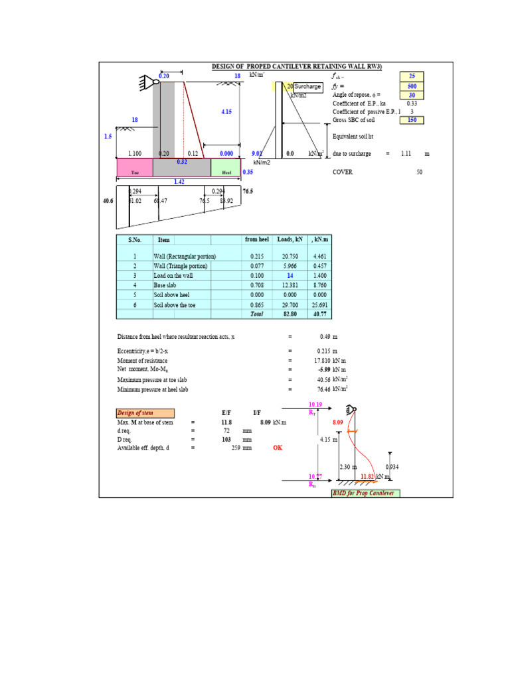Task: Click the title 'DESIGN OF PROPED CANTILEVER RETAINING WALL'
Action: [301, 66]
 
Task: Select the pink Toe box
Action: [135, 168]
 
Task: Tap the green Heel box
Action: [226, 168]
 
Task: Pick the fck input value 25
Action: [412, 77]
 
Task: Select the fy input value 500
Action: [412, 86]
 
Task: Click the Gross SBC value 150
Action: [412, 120]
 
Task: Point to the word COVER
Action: [343, 172]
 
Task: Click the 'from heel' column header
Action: [257, 239]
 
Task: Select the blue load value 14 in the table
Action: [290, 275]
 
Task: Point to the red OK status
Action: [278, 448]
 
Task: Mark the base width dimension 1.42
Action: [179, 181]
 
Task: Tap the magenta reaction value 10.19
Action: [315, 404]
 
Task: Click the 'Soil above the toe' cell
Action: [175, 304]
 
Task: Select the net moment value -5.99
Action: [324, 369]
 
